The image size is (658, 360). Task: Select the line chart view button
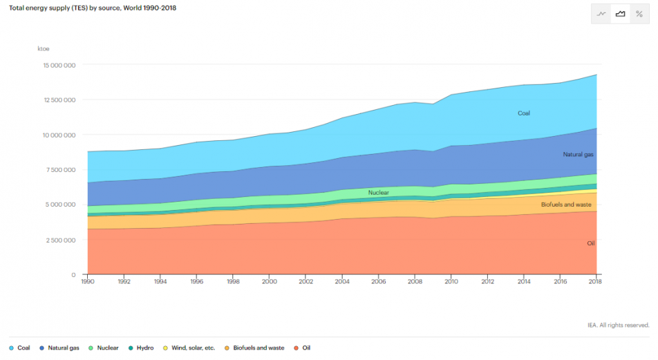(601, 14)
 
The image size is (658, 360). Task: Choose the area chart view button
(620, 14)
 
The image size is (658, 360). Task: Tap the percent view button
(639, 14)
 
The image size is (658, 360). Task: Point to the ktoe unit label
(44, 48)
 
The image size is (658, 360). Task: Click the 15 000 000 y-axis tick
(59, 65)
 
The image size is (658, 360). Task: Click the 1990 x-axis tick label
(88, 282)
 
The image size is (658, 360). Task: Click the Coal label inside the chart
(524, 113)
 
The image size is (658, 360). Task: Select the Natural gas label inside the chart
(578, 155)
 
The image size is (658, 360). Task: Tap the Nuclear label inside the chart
(378, 192)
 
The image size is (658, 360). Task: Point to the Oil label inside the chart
(590, 243)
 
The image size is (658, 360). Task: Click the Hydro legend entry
(141, 348)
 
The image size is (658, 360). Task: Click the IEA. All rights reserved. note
(618, 325)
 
